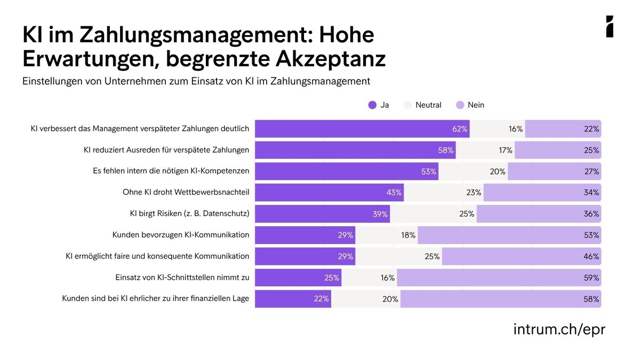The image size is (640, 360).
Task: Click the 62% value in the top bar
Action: pyautogui.click(x=460, y=129)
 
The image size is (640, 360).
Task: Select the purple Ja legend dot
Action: pyautogui.click(x=372, y=105)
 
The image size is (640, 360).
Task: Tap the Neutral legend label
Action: pyautogui.click(x=428, y=105)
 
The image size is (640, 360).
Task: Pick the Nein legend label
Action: pyautogui.click(x=476, y=105)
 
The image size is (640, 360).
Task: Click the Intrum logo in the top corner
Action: pyautogui.click(x=610, y=27)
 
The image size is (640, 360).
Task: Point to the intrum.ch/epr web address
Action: pyautogui.click(x=559, y=329)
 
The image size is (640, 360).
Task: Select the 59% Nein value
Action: pyautogui.click(x=591, y=278)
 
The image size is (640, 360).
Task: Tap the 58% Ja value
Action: pyautogui.click(x=446, y=150)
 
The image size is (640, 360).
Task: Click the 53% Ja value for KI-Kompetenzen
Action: pyautogui.click(x=428, y=172)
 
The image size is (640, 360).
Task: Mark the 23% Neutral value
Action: pyautogui.click(x=474, y=193)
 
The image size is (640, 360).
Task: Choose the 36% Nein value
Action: pyautogui.click(x=591, y=214)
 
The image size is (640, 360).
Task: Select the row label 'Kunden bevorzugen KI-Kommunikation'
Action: pyautogui.click(x=181, y=235)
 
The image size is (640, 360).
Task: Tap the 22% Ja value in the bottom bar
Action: pyautogui.click(x=321, y=299)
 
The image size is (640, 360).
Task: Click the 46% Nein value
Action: pyautogui.click(x=591, y=257)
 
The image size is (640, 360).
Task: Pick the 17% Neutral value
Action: pyautogui.click(x=506, y=150)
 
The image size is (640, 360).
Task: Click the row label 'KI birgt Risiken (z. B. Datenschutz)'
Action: pyautogui.click(x=189, y=214)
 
